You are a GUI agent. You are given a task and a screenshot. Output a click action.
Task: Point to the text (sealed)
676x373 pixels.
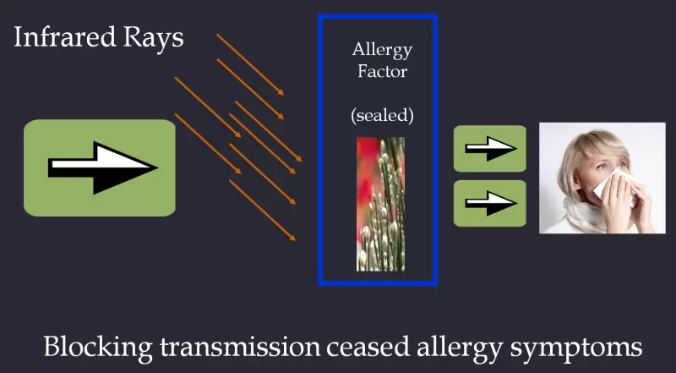(382, 114)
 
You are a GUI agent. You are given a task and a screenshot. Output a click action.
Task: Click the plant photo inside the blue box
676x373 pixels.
(380, 204)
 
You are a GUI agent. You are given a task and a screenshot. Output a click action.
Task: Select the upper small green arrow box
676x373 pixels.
(490, 149)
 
